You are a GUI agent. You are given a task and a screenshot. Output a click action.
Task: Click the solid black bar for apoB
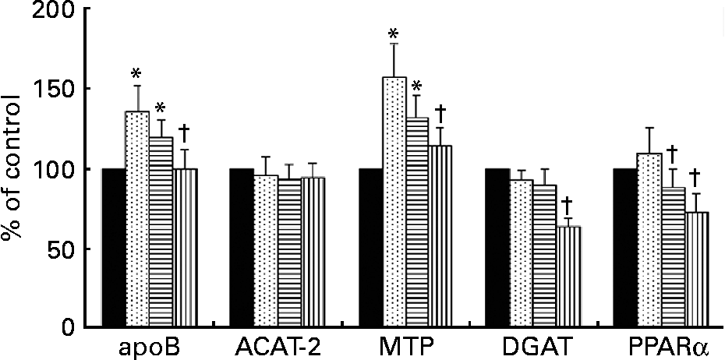click(x=114, y=248)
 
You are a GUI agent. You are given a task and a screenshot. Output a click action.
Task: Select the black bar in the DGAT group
click(x=497, y=248)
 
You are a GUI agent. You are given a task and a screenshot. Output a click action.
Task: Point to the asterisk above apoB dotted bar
click(x=136, y=75)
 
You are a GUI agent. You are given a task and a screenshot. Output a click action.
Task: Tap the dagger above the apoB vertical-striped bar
click(x=184, y=132)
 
